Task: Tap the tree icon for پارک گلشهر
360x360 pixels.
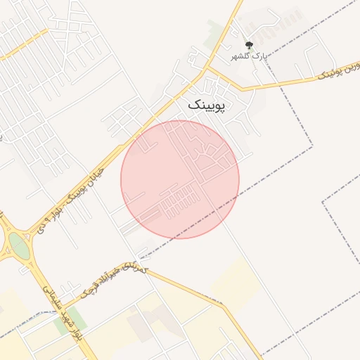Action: pos(247,44)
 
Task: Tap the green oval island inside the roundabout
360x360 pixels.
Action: pos(19,246)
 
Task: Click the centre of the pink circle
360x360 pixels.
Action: pos(180,179)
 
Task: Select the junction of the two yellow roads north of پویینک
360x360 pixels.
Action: pos(209,68)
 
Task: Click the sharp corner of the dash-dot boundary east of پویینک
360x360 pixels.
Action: pos(312,147)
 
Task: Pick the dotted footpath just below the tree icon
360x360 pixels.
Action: pos(247,62)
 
